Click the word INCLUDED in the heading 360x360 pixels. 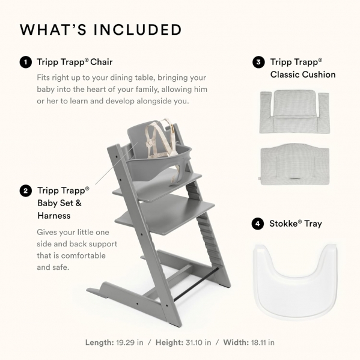[x=138, y=29]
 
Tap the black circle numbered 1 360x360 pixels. [x=26, y=63]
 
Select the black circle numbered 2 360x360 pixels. [x=26, y=191]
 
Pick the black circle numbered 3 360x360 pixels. [x=258, y=62]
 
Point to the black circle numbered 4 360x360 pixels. [x=258, y=224]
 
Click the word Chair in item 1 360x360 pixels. [x=101, y=62]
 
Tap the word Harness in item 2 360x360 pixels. [x=54, y=216]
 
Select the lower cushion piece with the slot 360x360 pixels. [x=295, y=165]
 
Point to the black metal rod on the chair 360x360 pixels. [x=195, y=284]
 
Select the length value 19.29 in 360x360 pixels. [x=129, y=343]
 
